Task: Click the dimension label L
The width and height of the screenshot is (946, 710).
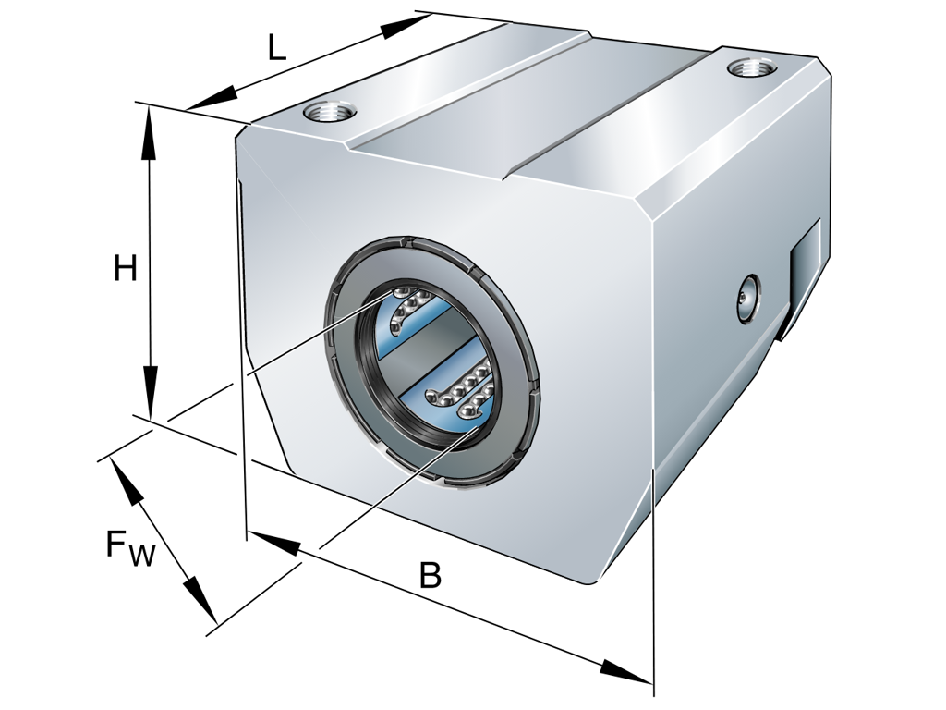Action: (277, 47)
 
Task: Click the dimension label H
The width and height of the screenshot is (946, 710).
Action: (125, 268)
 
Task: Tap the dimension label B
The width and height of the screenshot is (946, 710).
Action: (430, 575)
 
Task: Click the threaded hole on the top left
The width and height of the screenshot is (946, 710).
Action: (330, 114)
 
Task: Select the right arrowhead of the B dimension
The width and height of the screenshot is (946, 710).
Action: (625, 672)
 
